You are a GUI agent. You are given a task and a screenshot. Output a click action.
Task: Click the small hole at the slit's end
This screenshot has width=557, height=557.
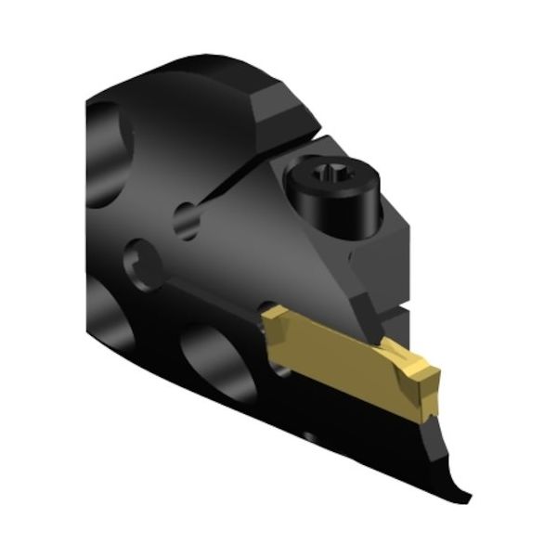[x=187, y=221]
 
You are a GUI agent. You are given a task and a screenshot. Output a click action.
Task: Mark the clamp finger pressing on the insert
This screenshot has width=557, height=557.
[x=381, y=320]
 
